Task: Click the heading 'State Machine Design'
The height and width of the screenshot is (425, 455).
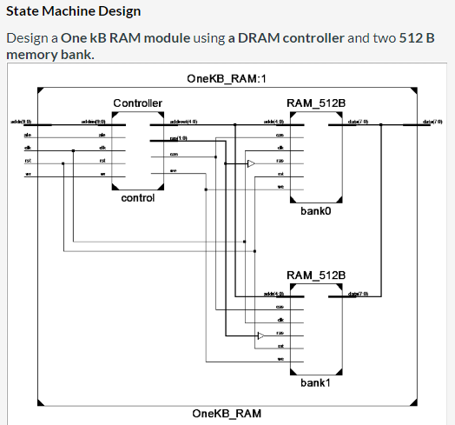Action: tap(73, 12)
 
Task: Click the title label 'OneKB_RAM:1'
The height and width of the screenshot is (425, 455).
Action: tap(227, 79)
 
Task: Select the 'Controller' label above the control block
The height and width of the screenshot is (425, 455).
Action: tap(137, 103)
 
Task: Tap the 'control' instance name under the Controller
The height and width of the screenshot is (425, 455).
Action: tap(137, 198)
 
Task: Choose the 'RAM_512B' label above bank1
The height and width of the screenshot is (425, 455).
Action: tap(315, 276)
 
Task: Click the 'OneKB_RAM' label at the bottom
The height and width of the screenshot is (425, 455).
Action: tap(227, 413)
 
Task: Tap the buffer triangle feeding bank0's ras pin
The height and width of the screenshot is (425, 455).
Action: tap(251, 163)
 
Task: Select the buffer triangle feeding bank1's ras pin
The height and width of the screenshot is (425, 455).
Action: tap(260, 335)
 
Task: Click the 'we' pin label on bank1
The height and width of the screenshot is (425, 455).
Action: tap(280, 359)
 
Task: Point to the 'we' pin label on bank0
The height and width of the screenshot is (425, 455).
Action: tap(280, 187)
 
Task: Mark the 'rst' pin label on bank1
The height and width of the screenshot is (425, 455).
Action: tap(280, 347)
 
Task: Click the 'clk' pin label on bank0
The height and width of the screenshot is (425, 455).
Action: tap(280, 149)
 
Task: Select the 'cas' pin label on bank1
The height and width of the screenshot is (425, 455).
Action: tap(280, 309)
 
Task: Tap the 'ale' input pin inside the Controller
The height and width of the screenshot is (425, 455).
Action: tap(102, 136)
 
